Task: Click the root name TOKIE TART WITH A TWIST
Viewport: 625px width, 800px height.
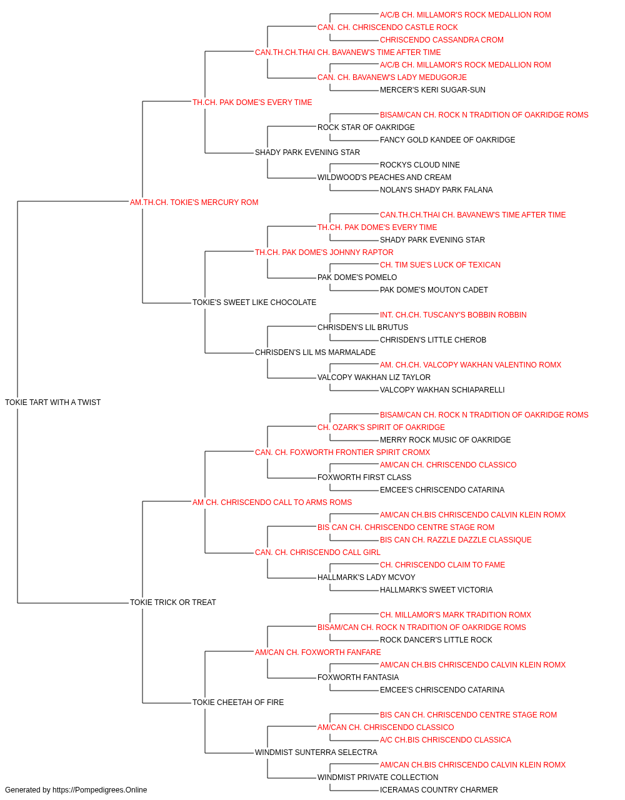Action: tap(52, 402)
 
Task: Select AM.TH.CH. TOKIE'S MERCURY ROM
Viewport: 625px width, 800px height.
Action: tap(194, 202)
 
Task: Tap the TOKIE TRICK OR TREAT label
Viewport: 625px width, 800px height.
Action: tap(173, 602)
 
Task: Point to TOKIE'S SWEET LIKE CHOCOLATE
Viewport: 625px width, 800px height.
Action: tap(254, 302)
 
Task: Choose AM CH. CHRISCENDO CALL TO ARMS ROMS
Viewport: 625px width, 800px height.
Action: tap(272, 502)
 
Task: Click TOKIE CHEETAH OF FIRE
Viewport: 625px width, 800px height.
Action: tap(238, 702)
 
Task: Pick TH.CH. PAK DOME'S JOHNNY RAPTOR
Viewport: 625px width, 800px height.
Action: tap(324, 252)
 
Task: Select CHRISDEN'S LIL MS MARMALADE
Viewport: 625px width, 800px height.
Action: tap(316, 352)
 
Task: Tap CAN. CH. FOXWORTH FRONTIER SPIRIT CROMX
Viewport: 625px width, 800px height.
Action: tap(342, 452)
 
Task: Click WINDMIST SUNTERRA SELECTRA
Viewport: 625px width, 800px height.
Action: tap(316, 752)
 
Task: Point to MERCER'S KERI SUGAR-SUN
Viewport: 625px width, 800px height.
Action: tap(432, 90)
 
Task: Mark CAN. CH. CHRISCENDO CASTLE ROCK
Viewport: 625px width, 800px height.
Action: tap(387, 27)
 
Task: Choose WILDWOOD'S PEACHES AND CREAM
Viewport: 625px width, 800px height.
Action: tap(384, 177)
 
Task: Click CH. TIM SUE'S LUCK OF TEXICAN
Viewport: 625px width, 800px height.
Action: tap(440, 265)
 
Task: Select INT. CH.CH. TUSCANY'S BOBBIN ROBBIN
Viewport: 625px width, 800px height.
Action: tap(453, 315)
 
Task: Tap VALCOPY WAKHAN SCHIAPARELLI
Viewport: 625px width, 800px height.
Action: tap(442, 390)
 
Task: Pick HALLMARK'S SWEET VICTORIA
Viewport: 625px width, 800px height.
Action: tap(436, 590)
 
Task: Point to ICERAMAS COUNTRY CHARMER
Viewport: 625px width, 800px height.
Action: tap(439, 790)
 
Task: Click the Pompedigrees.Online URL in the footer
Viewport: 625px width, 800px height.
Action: tap(99, 790)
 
